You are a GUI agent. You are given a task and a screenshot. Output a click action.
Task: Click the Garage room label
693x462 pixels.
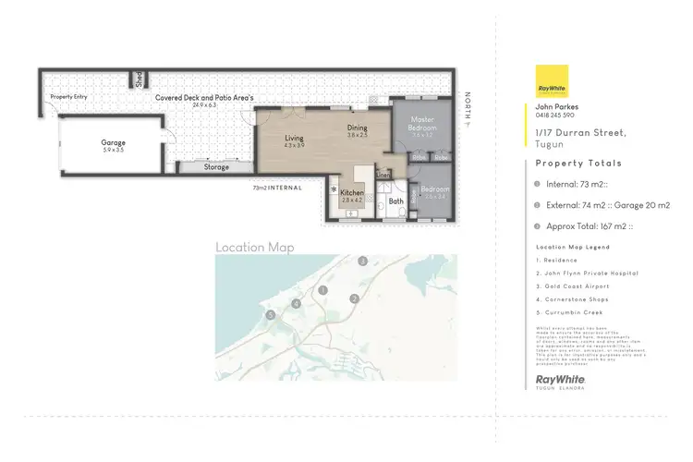tap(113, 143)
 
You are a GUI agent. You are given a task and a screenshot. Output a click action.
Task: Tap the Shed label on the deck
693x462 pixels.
tap(136, 79)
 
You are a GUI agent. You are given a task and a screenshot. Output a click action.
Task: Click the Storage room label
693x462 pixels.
tap(216, 167)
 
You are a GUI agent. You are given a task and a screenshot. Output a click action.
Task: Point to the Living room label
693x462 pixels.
tap(294, 139)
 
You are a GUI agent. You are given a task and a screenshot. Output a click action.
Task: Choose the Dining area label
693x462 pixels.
tap(358, 128)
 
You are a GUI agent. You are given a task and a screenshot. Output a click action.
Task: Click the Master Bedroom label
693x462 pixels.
tap(423, 123)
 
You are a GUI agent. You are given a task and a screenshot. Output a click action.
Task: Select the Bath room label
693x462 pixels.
tap(395, 201)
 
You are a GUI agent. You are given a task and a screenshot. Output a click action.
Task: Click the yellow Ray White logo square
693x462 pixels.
tap(552, 82)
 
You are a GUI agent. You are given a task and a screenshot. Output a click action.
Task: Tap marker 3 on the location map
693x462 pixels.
tap(363, 262)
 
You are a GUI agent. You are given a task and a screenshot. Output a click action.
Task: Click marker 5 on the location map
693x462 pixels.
tap(270, 315)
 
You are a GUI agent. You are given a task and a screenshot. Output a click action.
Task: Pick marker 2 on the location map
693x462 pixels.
tap(354, 298)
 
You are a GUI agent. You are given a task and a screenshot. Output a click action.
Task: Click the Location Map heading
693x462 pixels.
tap(254, 247)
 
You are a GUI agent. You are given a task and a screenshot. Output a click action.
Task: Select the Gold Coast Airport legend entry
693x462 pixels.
tap(572, 286)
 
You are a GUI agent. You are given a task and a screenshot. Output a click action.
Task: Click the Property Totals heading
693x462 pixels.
tap(579, 164)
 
